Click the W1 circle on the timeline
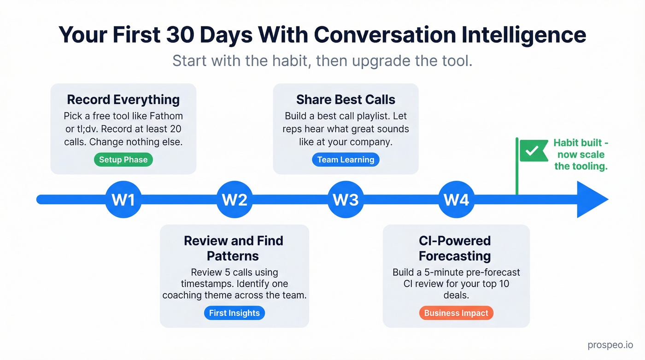click(x=123, y=200)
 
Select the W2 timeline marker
click(x=235, y=200)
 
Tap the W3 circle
click(x=346, y=200)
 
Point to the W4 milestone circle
click(x=456, y=200)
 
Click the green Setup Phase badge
click(x=123, y=160)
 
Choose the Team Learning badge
click(x=346, y=160)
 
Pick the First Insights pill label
click(x=234, y=313)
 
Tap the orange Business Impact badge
click(x=456, y=313)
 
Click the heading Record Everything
click(x=123, y=100)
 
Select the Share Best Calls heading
click(x=346, y=100)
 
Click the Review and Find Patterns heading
click(x=234, y=248)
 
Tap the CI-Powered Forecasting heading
click(x=455, y=248)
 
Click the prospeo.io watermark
click(x=610, y=345)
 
